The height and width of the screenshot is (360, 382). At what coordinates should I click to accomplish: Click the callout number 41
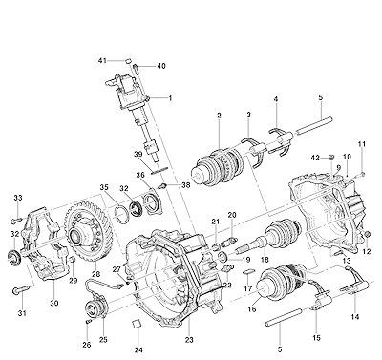pyautogui.click(x=102, y=60)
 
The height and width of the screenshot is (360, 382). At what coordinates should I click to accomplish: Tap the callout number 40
pyautogui.click(x=161, y=66)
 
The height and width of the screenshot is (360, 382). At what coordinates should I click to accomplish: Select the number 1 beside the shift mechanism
pyautogui.click(x=170, y=98)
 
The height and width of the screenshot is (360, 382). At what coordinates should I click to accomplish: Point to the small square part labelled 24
pyautogui.click(x=138, y=324)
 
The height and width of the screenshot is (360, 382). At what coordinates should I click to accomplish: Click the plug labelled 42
pyautogui.click(x=331, y=157)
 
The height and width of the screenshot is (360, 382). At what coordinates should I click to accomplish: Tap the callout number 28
pyautogui.click(x=95, y=274)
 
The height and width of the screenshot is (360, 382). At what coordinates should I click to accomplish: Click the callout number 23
pyautogui.click(x=189, y=340)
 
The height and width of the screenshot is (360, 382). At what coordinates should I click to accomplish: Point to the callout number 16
pyautogui.click(x=252, y=309)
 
